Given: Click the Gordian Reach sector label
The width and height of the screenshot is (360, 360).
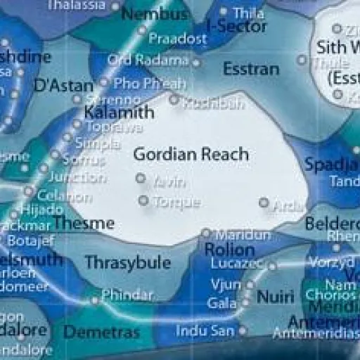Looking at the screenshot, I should coord(191,154).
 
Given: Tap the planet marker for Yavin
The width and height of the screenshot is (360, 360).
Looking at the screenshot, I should coord(141,178).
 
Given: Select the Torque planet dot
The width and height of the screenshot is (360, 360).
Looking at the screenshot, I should coord(143,201).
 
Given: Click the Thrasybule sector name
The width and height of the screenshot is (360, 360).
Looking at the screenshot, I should coord(128,262).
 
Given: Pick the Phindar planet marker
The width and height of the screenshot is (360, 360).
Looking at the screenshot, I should coord(95,300).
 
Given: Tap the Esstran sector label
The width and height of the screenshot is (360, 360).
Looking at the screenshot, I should coord(250,70).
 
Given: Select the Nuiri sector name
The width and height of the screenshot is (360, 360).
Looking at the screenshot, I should coord(276,297).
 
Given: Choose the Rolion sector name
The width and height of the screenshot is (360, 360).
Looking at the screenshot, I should coord(229,250).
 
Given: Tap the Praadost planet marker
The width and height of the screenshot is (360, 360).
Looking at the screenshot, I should coord(141,31).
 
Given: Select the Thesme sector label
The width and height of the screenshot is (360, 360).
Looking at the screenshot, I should coord(94,224).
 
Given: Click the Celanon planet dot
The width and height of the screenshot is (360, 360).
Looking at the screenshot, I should coord(28,191).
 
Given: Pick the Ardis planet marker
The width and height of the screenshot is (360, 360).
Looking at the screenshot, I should coord(264,202).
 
